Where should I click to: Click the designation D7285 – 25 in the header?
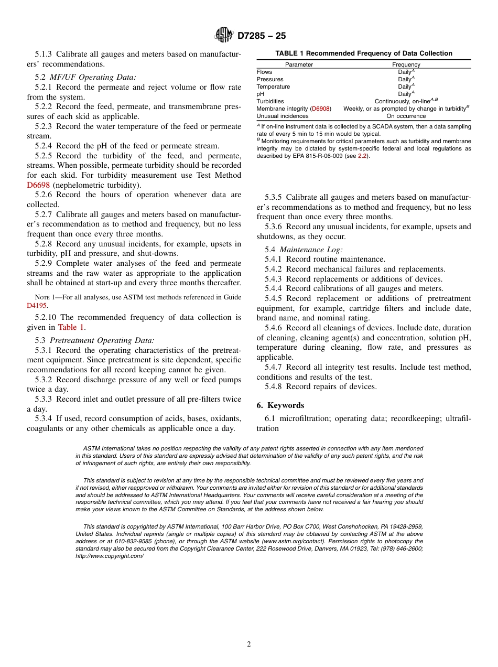point(262,36)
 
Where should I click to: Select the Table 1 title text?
point(364,53)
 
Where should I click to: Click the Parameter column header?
point(299,64)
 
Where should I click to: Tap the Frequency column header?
point(406,64)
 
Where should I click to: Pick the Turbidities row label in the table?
point(270,101)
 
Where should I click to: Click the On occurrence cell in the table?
point(406,116)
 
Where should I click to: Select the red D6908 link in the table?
point(320,109)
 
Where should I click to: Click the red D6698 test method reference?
point(38,185)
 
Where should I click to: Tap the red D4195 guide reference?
point(37,305)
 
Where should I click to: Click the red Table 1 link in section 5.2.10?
point(70,327)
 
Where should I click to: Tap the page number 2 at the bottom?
point(249,644)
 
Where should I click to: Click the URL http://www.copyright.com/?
point(109,555)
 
